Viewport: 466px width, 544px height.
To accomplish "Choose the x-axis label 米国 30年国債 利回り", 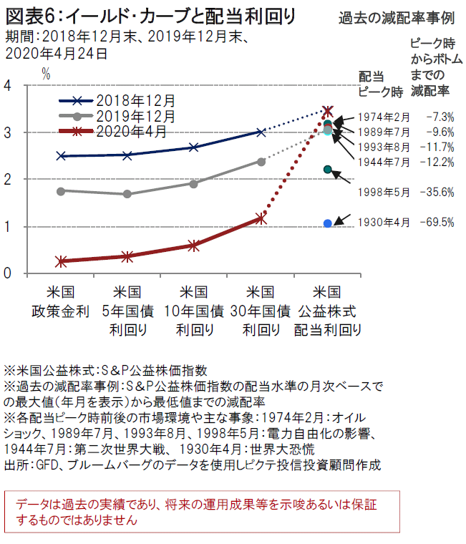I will coord(261,311).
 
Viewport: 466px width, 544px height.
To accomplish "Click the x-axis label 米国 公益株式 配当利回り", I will coord(328,311).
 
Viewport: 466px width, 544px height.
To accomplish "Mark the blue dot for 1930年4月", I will coord(328,223).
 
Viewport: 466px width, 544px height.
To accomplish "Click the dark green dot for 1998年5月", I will coord(328,170).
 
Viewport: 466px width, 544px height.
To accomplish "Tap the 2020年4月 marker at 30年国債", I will coord(261,218).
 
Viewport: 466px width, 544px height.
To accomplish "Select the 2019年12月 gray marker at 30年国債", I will coord(261,162).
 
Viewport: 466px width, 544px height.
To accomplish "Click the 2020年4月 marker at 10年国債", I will coord(194,245).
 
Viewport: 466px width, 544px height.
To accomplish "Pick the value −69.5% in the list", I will coord(439,223).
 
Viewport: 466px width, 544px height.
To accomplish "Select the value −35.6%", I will coord(439,192).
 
